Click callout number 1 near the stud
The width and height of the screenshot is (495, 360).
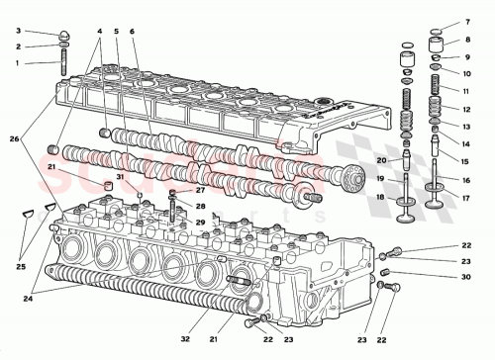click(16, 63)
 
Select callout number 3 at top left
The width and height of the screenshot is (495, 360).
click(16, 31)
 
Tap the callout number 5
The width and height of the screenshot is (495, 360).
click(116, 32)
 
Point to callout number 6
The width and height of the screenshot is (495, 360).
click(133, 32)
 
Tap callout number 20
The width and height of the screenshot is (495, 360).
click(381, 160)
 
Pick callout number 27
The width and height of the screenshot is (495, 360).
click(200, 190)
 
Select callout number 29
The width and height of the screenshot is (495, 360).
click(200, 224)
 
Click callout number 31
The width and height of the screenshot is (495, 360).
click(119, 178)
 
